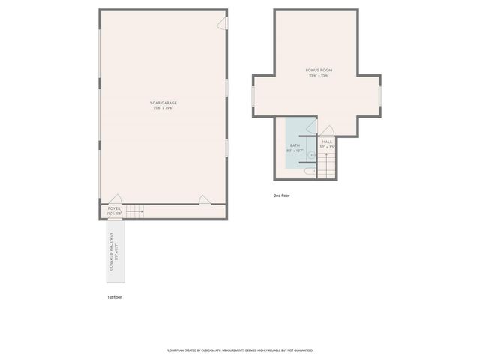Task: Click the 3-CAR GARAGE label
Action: [163, 103]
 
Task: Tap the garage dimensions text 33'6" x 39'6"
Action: [163, 108]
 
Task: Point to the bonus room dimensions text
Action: [318, 75]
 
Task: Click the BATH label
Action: [294, 146]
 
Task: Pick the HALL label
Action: [327, 142]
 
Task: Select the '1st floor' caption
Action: [114, 297]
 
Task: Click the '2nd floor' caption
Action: [282, 196]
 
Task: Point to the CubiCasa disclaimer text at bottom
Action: [240, 350]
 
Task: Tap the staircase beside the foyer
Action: [134, 212]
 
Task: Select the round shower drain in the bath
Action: [311, 156]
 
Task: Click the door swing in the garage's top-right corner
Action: [222, 25]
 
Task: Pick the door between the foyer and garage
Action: [114, 199]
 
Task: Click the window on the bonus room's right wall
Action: [380, 96]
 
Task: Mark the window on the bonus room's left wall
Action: [255, 96]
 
